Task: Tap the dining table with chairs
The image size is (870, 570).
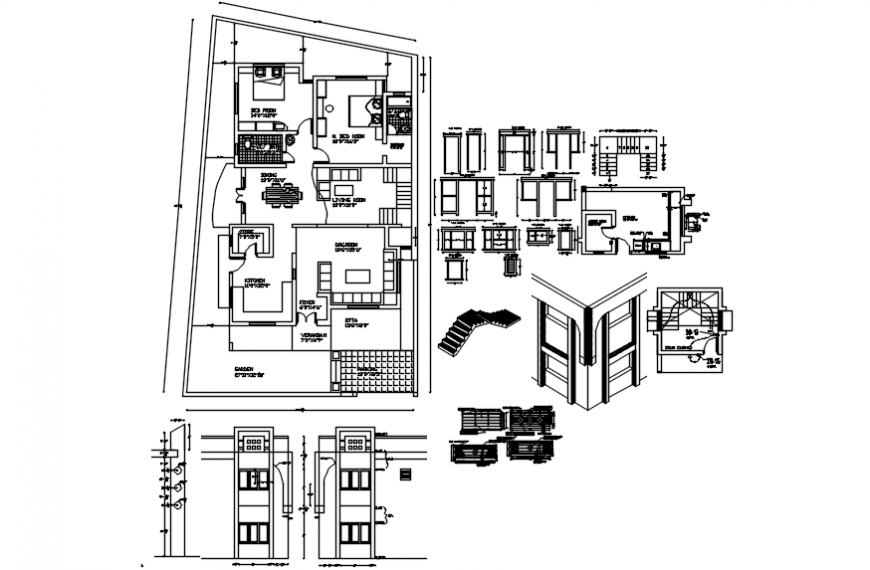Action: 281,192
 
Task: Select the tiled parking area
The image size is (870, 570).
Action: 375,371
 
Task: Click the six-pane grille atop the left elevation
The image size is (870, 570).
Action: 254,441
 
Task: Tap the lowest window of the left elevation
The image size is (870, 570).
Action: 254,529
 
